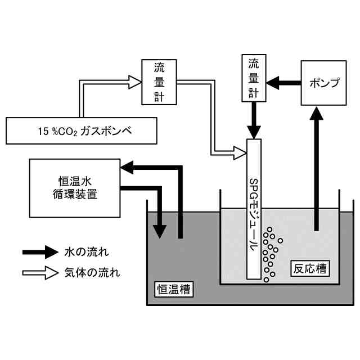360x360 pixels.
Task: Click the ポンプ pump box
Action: point(323,83)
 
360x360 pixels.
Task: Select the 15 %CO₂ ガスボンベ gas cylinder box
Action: point(82,131)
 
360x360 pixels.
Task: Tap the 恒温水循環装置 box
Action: point(75,188)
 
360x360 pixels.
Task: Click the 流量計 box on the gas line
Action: point(159,82)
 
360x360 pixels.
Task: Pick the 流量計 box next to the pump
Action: point(254,78)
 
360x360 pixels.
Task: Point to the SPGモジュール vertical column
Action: point(254,209)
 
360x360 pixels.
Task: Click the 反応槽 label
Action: point(310,269)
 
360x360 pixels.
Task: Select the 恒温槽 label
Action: point(174,289)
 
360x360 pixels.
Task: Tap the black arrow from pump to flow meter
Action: point(283,83)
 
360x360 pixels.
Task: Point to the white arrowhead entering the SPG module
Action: point(240,153)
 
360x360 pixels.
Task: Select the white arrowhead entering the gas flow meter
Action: point(135,82)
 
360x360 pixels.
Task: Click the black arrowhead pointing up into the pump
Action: point(316,113)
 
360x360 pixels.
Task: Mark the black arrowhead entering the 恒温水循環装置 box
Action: point(127,168)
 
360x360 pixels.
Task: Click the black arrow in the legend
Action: point(40,252)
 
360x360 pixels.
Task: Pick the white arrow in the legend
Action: point(40,273)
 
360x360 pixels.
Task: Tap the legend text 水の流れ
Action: point(87,252)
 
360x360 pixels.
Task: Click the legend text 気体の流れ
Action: point(92,273)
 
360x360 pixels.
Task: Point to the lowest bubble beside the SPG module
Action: point(266,280)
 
